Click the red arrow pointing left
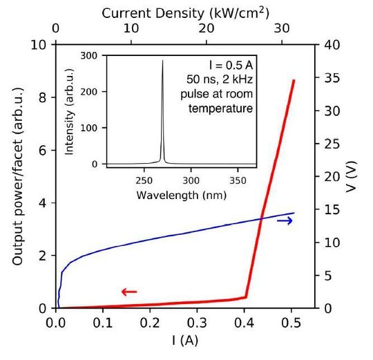click(x=129, y=292)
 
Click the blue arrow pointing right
click(x=285, y=220)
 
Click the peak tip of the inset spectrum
click(x=163, y=61)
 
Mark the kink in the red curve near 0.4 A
click(x=246, y=297)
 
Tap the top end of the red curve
click(x=294, y=80)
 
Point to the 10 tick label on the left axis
click(x=41, y=45)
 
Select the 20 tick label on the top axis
click(x=206, y=29)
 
